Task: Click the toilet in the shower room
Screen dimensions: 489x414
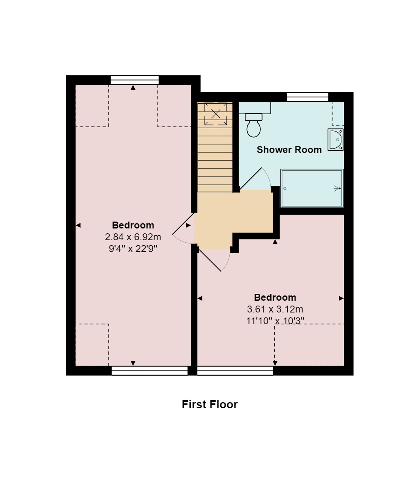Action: coord(254,125)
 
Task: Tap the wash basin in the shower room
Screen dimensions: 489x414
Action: coord(336,140)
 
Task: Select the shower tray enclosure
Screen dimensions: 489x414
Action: coord(312,188)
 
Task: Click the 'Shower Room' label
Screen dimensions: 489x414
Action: coord(289,150)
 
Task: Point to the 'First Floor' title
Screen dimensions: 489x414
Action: coord(209,405)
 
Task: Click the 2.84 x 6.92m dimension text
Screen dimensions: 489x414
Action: coord(133,237)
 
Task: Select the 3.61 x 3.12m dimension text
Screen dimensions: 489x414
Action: coord(275,309)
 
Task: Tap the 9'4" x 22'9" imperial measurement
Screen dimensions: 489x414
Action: coord(133,249)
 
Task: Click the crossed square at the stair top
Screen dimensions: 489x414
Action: coord(216,114)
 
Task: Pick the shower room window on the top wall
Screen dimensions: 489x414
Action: coord(307,97)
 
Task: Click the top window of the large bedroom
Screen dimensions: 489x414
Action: coord(134,80)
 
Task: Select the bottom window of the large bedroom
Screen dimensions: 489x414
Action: coord(149,371)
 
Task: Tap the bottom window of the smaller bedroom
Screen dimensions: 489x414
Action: coord(235,371)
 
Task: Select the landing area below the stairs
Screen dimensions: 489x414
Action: coord(233,219)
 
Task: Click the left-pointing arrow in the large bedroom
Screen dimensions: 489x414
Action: coord(78,225)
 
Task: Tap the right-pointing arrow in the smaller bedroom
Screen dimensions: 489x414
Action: coord(341,298)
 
